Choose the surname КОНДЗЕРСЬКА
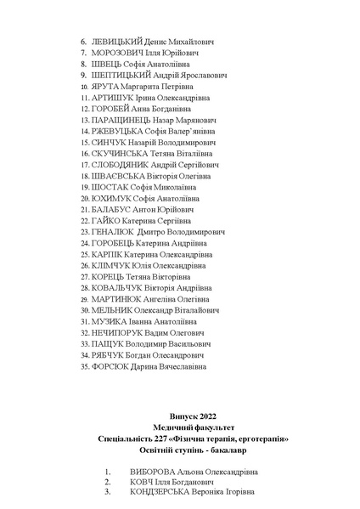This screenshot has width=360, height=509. coord(163,491)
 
